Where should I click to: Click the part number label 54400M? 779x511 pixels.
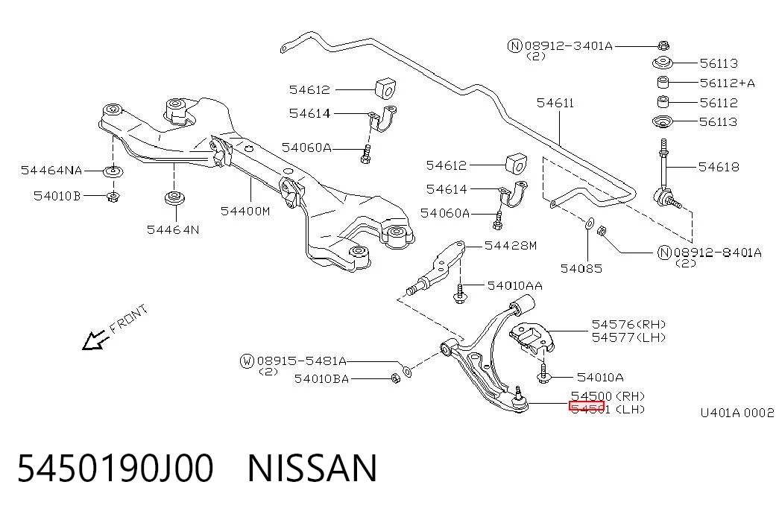(x=245, y=211)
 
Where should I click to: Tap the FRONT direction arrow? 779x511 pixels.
(x=95, y=340)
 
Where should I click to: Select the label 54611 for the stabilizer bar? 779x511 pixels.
(x=555, y=103)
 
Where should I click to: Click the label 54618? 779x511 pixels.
(x=719, y=167)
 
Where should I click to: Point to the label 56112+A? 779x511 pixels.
(x=727, y=83)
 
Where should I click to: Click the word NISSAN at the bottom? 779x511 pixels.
(x=312, y=468)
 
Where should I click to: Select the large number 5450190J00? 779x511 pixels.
(x=116, y=468)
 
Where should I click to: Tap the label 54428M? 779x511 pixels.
(x=510, y=245)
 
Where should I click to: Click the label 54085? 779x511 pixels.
(x=581, y=269)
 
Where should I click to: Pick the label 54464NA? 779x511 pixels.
(x=51, y=171)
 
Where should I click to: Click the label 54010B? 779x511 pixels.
(x=57, y=196)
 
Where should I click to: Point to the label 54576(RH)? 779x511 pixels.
(x=628, y=324)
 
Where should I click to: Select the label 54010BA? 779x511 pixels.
(x=321, y=379)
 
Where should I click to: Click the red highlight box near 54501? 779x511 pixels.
(x=586, y=407)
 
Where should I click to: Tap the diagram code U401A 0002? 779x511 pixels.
(x=737, y=413)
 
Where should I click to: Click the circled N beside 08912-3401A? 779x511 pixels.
(x=514, y=46)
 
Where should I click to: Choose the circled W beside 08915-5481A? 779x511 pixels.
(x=247, y=361)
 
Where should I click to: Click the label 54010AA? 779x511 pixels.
(x=514, y=285)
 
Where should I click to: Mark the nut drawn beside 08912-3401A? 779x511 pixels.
(x=663, y=45)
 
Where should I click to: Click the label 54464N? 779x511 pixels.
(x=173, y=229)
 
